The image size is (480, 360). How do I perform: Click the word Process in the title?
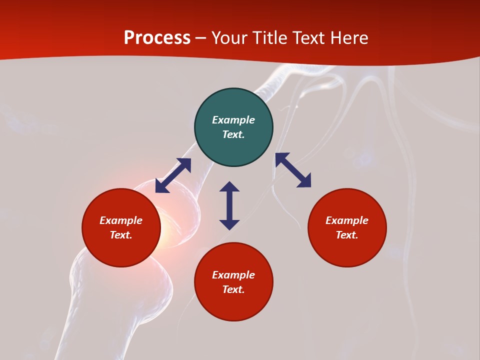157,38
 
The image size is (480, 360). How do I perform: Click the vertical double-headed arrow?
229,205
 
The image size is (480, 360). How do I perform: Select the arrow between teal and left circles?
173,175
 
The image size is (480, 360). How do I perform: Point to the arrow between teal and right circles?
293,170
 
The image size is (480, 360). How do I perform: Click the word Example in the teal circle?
233,120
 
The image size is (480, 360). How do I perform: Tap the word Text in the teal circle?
233,134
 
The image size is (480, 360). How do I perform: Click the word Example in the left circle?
121,220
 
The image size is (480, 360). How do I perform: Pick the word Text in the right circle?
346,235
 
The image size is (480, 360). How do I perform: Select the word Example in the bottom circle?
233,275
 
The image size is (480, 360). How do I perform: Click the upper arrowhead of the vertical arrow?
229,187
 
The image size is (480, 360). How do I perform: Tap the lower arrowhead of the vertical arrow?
229,224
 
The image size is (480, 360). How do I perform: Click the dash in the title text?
201,38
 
